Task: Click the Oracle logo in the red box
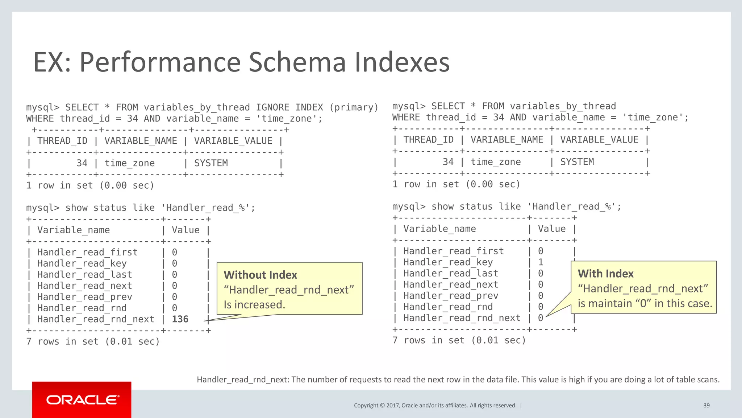point(82,400)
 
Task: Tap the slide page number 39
point(706,405)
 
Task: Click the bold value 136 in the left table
point(180,319)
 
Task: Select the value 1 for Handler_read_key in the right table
point(541,262)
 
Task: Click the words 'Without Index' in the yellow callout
point(260,275)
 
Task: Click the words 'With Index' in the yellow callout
point(605,274)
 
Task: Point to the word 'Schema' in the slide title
point(298,62)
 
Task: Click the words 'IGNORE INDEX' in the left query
point(289,108)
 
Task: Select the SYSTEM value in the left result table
point(211,163)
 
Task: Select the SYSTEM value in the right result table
point(577,162)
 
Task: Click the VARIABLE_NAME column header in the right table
point(507,140)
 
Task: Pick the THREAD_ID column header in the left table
point(62,141)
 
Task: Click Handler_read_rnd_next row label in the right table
point(462,318)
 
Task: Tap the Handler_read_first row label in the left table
point(87,253)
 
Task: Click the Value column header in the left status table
point(185,230)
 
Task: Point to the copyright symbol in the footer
point(382,406)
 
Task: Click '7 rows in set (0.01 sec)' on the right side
point(459,340)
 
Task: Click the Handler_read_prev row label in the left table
point(84,297)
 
